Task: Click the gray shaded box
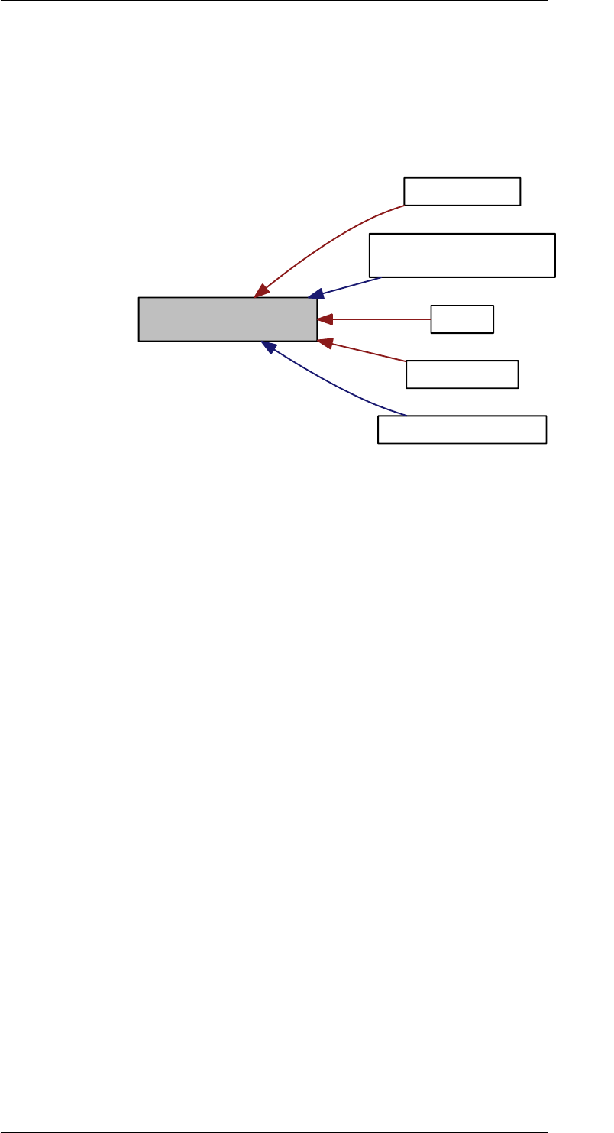coord(228,319)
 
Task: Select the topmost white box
coord(462,191)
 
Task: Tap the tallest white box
coord(462,255)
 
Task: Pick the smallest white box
coord(462,319)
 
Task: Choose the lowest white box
coord(462,429)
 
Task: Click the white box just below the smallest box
coord(462,374)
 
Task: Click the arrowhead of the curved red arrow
coord(262,290)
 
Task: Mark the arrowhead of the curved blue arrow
coord(267,346)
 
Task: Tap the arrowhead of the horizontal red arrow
coord(324,319)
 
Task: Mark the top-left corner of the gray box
coord(139,298)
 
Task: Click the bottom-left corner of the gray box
coord(139,340)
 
